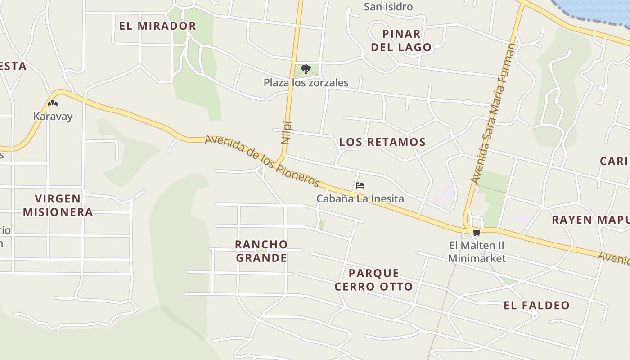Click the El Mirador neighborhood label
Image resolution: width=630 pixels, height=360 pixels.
[x=157, y=26]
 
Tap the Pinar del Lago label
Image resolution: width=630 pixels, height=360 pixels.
[x=401, y=40]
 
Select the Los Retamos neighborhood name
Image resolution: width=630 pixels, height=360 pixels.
[x=382, y=142]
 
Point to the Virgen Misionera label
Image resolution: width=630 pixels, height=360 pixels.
[x=58, y=205]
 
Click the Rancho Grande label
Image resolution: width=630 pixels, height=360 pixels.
[x=261, y=251]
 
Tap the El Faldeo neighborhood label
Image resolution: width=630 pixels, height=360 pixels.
[x=536, y=305]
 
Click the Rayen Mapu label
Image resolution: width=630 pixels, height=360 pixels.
[x=590, y=220]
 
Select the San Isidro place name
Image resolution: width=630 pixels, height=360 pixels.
[x=388, y=7]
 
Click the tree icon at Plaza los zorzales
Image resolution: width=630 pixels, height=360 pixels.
[x=306, y=69]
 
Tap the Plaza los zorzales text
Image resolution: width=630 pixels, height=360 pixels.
[x=306, y=83]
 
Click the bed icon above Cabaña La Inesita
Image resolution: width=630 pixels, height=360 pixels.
[x=360, y=185]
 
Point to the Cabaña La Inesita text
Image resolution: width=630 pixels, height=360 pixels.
[x=360, y=198]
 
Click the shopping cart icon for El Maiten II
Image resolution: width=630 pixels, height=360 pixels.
[x=477, y=232]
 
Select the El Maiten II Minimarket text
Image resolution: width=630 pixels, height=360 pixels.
[x=477, y=252]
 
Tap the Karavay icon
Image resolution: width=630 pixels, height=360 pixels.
[x=53, y=103]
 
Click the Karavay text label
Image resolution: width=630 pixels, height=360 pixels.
[x=53, y=117]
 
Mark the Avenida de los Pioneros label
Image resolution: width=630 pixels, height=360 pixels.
[x=262, y=161]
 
